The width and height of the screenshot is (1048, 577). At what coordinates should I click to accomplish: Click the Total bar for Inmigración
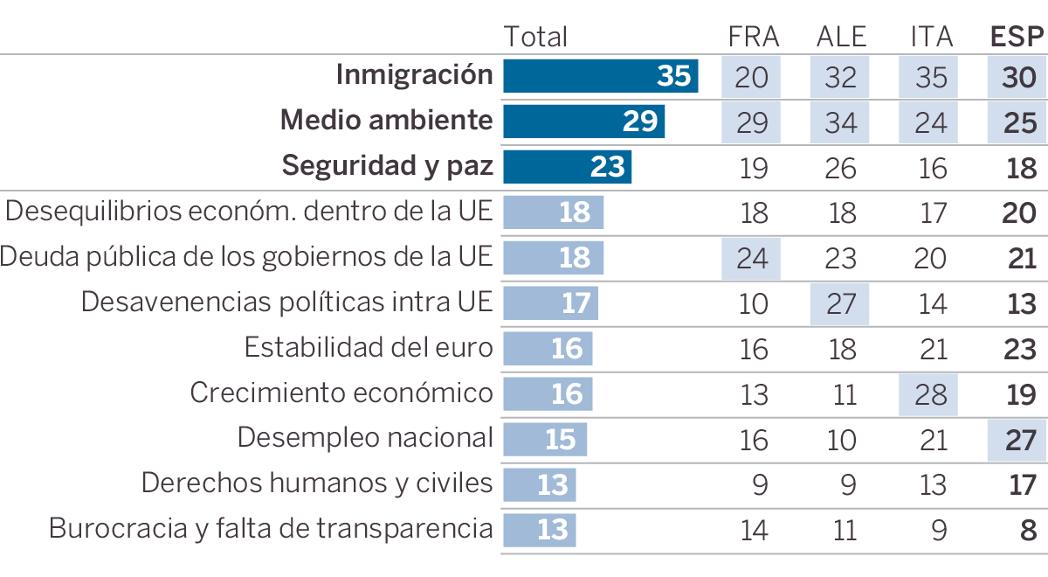click(600, 76)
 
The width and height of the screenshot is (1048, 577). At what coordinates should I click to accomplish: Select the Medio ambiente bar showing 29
click(583, 122)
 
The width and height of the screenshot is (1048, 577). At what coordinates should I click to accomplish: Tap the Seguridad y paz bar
click(567, 167)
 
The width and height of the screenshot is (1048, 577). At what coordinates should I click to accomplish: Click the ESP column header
click(1017, 37)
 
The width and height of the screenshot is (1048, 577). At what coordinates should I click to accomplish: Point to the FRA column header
click(753, 37)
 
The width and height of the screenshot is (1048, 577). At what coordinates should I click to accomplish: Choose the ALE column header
click(841, 37)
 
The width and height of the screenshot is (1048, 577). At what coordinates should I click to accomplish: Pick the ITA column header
click(931, 37)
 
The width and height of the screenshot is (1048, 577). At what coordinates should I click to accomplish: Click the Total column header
click(535, 37)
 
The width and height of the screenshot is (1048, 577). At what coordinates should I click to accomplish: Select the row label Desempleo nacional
click(365, 437)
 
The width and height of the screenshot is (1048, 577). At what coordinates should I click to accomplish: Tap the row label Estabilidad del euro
click(369, 347)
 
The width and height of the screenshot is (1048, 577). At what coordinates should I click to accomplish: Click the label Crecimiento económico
click(341, 393)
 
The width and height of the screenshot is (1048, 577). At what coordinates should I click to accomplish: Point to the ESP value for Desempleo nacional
click(1019, 440)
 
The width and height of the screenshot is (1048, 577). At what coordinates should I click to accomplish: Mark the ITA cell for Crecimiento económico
click(928, 394)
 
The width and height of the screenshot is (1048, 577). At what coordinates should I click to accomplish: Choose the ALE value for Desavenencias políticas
click(840, 303)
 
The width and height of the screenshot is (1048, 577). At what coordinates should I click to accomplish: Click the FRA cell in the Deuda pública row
click(751, 258)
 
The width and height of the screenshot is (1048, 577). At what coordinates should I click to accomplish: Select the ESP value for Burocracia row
click(1027, 530)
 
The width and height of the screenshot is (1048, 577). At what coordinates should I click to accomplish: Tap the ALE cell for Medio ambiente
click(840, 122)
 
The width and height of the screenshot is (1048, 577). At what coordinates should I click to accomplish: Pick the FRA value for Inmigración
click(751, 76)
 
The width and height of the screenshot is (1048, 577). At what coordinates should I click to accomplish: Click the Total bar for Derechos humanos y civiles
click(539, 484)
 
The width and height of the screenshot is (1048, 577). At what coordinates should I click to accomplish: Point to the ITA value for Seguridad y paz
click(932, 168)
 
